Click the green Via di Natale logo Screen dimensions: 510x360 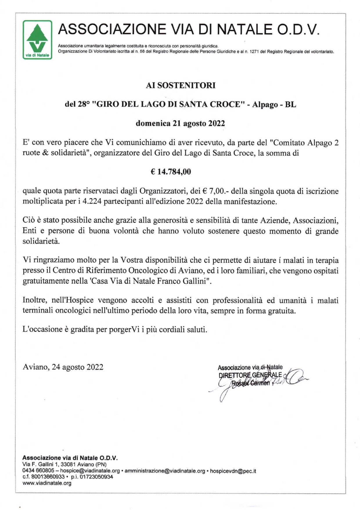coord(37,40)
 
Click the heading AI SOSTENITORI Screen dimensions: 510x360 coord(181,85)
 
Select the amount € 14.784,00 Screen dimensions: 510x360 coord(171,172)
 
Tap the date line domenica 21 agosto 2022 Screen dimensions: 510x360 coord(180,124)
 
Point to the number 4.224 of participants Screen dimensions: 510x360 coord(92,202)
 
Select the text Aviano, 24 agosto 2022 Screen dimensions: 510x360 coord(63,367)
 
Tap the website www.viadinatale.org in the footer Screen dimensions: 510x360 coord(47,483)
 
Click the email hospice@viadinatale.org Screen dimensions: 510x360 coord(90,471)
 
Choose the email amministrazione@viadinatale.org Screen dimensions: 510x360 coord(165,471)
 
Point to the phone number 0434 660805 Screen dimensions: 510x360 coord(38,471)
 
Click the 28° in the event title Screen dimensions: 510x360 coord(84,104)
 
